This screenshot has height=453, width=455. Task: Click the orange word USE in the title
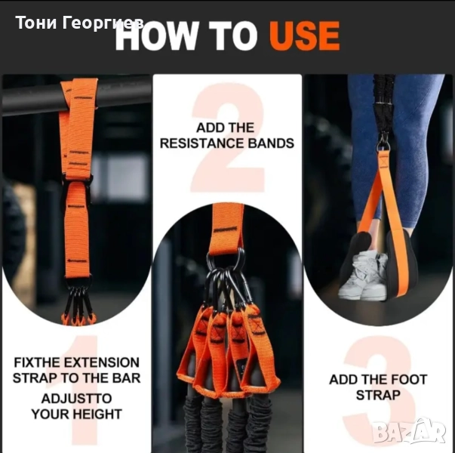pos(304,36)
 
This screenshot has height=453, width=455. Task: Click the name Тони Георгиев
pos(79,23)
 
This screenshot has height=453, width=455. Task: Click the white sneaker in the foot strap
pos(363,276)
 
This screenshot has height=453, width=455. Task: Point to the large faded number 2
pos(228,137)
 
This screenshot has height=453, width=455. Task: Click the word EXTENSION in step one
pos(102,362)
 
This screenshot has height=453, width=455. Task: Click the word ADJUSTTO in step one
pos(77,399)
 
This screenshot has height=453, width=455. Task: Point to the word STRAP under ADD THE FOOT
pos(378,395)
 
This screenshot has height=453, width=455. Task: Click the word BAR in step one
pos(126,378)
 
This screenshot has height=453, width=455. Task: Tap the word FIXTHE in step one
pos(37,362)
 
